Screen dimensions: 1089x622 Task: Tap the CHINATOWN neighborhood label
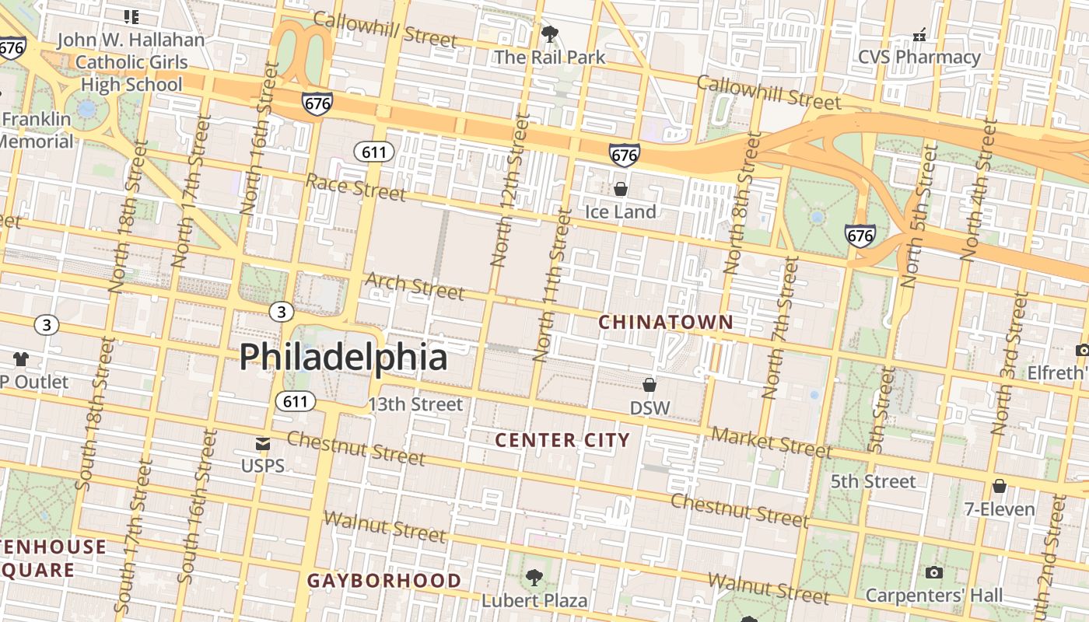666,322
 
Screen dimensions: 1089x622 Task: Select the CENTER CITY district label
562,440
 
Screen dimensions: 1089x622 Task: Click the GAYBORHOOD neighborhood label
384,581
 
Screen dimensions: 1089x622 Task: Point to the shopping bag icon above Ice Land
621,189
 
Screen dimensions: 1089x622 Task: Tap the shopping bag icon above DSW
650,385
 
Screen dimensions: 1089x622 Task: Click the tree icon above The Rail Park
549,34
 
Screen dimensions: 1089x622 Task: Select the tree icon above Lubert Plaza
534,577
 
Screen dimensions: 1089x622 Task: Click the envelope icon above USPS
263,444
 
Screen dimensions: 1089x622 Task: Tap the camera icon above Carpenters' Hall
934,573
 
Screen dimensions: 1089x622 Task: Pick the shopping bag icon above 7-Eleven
1000,487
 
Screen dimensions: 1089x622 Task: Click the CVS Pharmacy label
919,57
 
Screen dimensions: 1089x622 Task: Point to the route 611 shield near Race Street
374,152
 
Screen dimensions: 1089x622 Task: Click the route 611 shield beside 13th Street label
296,401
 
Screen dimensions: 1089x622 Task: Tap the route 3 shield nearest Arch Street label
282,312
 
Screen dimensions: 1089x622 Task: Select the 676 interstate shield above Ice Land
625,155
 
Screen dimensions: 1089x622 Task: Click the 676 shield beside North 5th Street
860,236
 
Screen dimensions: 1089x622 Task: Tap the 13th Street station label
415,404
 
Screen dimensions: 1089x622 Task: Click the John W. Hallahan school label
131,61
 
